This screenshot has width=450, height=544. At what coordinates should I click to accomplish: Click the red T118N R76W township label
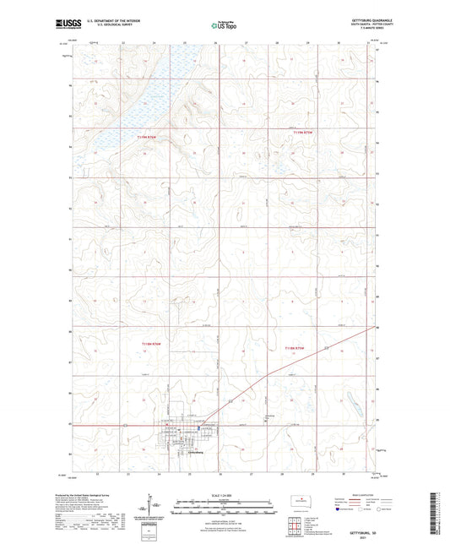pos(150,343)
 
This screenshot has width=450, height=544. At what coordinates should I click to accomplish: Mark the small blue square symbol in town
pos(199,427)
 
